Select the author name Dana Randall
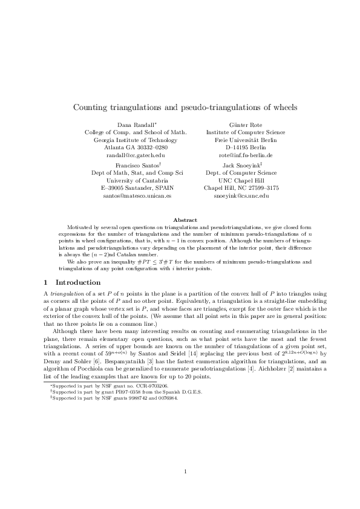tap(134, 124)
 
